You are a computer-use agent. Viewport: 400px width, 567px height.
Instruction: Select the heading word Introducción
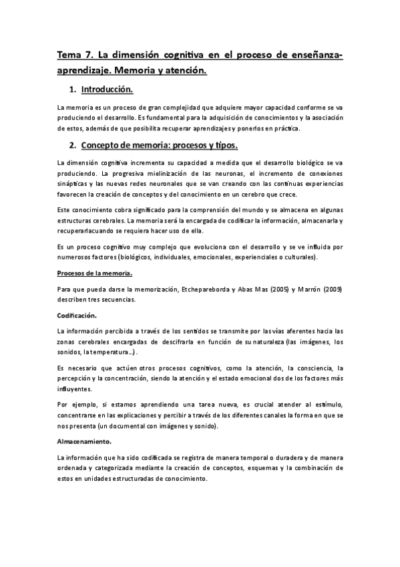click(x=107, y=89)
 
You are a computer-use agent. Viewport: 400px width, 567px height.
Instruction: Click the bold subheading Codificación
click(x=77, y=315)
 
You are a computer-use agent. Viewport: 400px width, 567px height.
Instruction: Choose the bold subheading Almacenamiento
click(x=84, y=441)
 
